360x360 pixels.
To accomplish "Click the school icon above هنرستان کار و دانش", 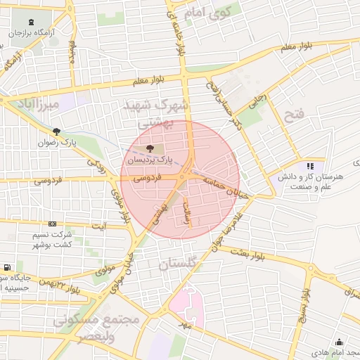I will pyautogui.click(x=309, y=167).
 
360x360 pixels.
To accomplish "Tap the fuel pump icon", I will pyautogui.click(x=7, y=267).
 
